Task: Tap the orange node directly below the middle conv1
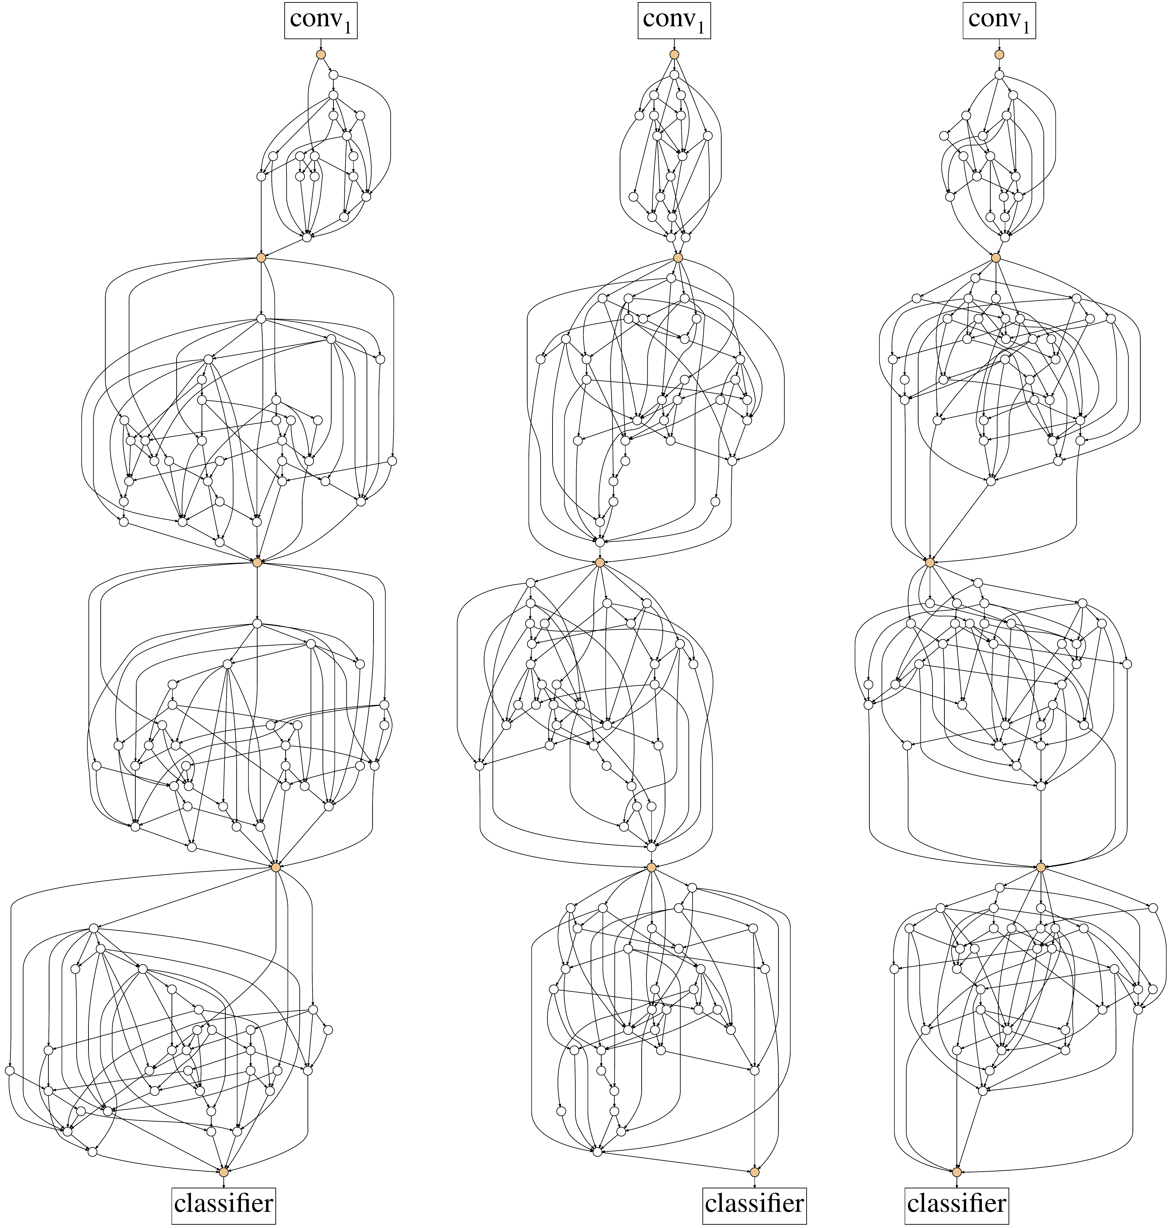(x=674, y=55)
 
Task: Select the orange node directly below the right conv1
(x=999, y=55)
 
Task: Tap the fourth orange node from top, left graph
(x=276, y=867)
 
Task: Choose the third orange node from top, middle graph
(x=600, y=562)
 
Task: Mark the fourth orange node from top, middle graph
(x=652, y=867)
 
